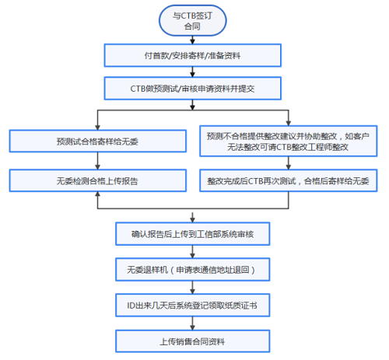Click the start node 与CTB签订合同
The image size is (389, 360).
[192, 19]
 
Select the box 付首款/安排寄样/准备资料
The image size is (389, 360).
[192, 54]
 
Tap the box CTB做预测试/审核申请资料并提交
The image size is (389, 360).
[192, 89]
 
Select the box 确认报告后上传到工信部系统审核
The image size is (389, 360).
[192, 232]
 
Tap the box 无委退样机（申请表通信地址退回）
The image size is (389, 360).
[192, 269]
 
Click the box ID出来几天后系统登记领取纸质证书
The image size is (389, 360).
[192, 306]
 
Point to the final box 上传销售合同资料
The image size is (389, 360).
[192, 341]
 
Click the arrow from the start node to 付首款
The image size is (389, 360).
[192, 38]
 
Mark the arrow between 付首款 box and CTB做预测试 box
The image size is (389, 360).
[192, 72]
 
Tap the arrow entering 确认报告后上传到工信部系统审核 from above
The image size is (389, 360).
[192, 214]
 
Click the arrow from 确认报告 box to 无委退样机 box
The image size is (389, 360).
[192, 251]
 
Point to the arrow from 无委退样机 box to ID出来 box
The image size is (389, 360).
[192, 288]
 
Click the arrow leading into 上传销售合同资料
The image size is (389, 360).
[192, 323]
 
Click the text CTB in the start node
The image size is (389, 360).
[187, 14]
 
